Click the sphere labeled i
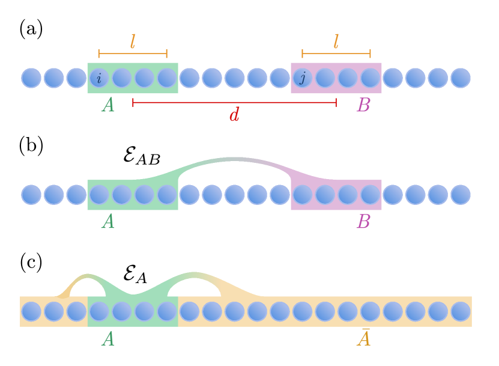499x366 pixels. [99, 78]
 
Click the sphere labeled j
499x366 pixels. [303, 78]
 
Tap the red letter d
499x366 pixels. [234, 115]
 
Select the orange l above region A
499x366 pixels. [133, 41]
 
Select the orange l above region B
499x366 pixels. [336, 41]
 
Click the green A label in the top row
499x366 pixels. [108, 105]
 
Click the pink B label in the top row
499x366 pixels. [363, 105]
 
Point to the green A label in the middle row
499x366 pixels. [108, 222]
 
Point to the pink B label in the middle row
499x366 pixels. [363, 222]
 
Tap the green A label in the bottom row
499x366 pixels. [108, 339]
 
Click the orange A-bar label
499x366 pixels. [363, 338]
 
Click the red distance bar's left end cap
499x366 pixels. [133, 102]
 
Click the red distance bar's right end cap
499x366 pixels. [336, 102]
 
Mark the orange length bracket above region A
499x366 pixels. [133, 53]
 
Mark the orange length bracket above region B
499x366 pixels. [336, 53]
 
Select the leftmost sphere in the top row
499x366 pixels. [31, 78]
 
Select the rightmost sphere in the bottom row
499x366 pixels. [461, 311]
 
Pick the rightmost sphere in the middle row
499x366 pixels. [461, 195]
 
